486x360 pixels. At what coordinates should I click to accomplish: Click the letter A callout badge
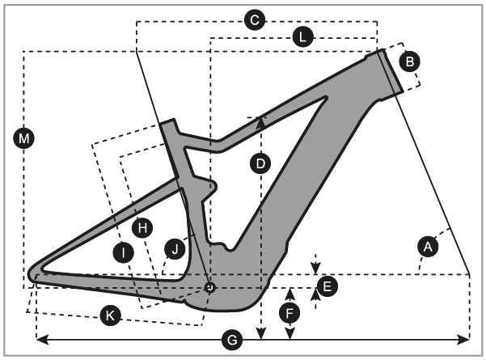click(x=428, y=245)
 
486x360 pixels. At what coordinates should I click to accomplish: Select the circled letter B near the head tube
click(x=409, y=61)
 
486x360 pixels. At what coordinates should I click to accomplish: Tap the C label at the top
click(x=254, y=21)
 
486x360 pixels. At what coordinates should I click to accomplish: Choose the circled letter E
click(x=326, y=286)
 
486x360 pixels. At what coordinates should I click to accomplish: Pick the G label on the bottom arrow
click(x=233, y=341)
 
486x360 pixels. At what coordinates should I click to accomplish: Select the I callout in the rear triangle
click(x=123, y=253)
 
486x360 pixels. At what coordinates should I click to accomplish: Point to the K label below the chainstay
click(x=112, y=316)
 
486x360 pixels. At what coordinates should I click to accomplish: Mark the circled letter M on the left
click(x=24, y=139)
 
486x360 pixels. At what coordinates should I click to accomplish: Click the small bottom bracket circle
click(x=209, y=286)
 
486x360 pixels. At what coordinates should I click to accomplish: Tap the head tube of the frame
click(x=391, y=71)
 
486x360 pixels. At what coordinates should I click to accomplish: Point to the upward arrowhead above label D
click(x=260, y=121)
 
